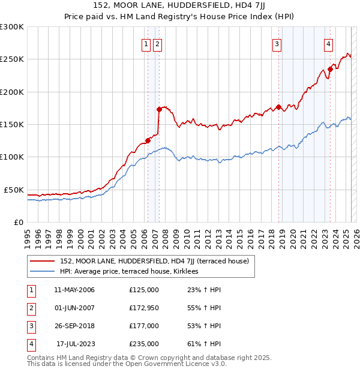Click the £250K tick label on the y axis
pos(12,59)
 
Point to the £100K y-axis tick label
pos(12,157)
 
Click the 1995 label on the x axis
pos(28,234)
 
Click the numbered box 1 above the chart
pos(146,43)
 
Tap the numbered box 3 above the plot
pos(277,43)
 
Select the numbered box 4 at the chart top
pos(329,43)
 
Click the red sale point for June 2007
pos(159,109)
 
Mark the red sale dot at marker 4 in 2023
pos(330,69)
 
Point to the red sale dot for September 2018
pos(279,107)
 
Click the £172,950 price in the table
pos(144,308)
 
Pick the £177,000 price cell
pos(144,326)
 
